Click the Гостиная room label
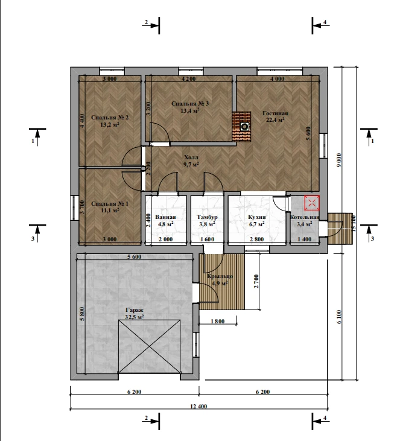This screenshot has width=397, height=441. coord(275,113)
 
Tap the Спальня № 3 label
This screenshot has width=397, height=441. coord(190,104)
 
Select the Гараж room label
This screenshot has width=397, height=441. coord(135,310)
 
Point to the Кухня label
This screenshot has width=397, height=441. coord(257,217)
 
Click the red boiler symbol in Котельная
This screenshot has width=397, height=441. coord(312,203)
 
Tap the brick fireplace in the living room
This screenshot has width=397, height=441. coord(241,127)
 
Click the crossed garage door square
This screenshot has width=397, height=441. coord(149,346)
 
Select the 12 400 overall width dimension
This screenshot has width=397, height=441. coord(198,406)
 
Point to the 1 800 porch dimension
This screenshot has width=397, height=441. coord(217,321)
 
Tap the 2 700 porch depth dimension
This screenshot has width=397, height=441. coord(256,281)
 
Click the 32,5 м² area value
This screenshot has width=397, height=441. coord(135,317)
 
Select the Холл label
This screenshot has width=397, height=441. coord(191,157)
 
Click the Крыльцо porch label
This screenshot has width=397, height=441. coord(220,276)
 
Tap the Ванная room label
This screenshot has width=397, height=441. coord(165,217)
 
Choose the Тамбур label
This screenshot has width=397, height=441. coord(207,217)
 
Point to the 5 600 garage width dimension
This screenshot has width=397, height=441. coord(135,257)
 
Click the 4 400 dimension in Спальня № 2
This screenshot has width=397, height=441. coord(82,121)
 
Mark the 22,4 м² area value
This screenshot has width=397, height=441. coord(275,120)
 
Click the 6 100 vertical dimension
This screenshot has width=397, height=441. coord(338,317)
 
